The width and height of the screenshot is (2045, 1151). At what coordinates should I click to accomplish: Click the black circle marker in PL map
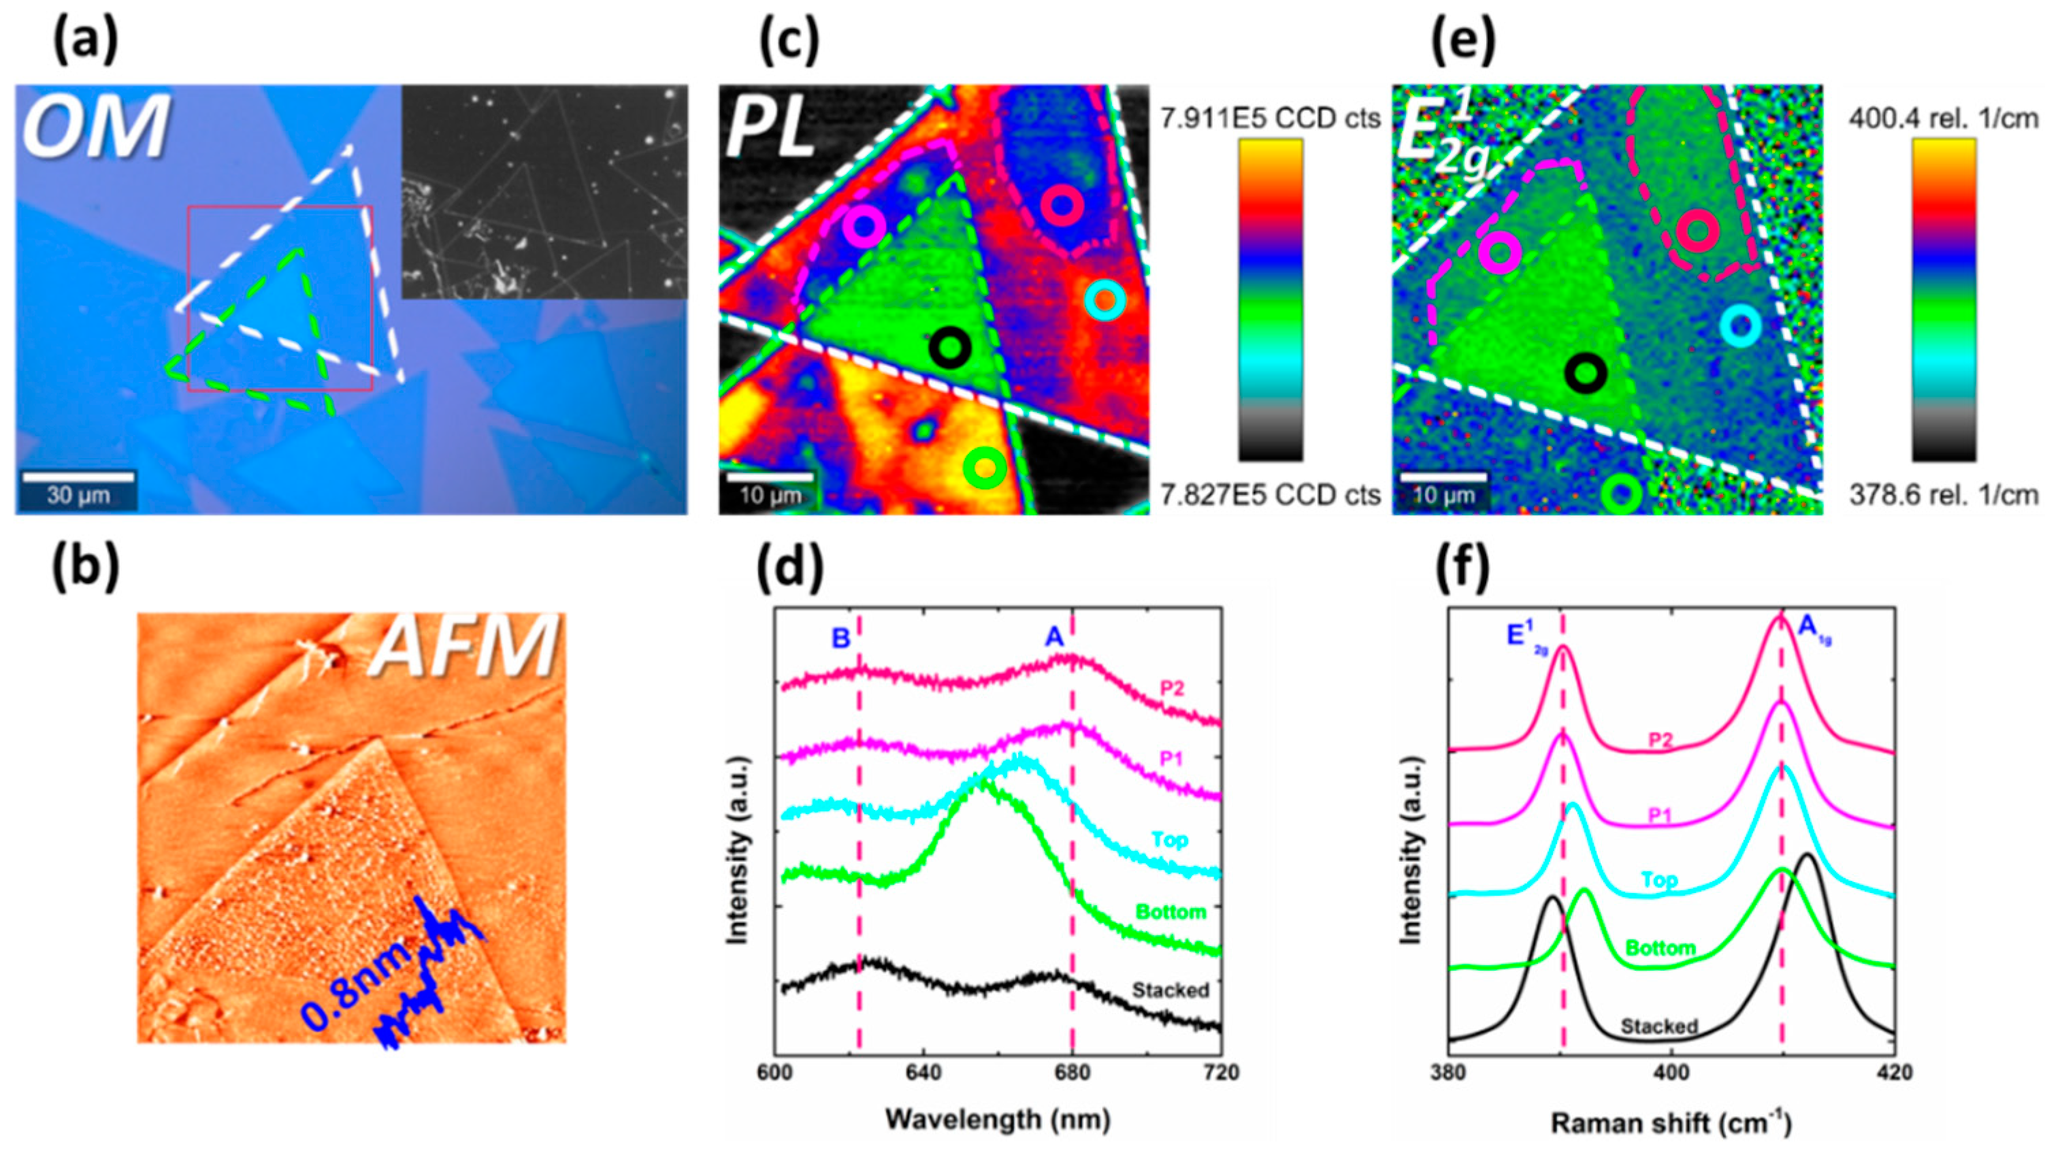[949, 347]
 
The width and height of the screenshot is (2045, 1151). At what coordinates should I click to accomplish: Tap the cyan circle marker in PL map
[1105, 300]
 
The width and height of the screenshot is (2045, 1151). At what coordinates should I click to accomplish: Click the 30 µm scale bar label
[78, 496]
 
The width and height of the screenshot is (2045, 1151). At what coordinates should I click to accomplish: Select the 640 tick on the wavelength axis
[923, 1073]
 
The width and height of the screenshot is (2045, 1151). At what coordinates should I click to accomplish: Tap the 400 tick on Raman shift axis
[1671, 1073]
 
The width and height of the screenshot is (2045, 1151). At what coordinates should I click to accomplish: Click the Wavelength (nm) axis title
[997, 1119]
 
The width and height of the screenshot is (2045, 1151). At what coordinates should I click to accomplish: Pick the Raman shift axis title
[1671, 1122]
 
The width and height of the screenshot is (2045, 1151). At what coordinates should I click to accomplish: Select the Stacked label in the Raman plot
[1659, 1026]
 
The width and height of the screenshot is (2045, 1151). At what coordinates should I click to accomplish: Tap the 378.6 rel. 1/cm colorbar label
[1944, 496]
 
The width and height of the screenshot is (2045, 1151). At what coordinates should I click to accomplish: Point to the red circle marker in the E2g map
[1697, 231]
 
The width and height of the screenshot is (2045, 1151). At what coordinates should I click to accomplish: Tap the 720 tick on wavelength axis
[1221, 1073]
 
